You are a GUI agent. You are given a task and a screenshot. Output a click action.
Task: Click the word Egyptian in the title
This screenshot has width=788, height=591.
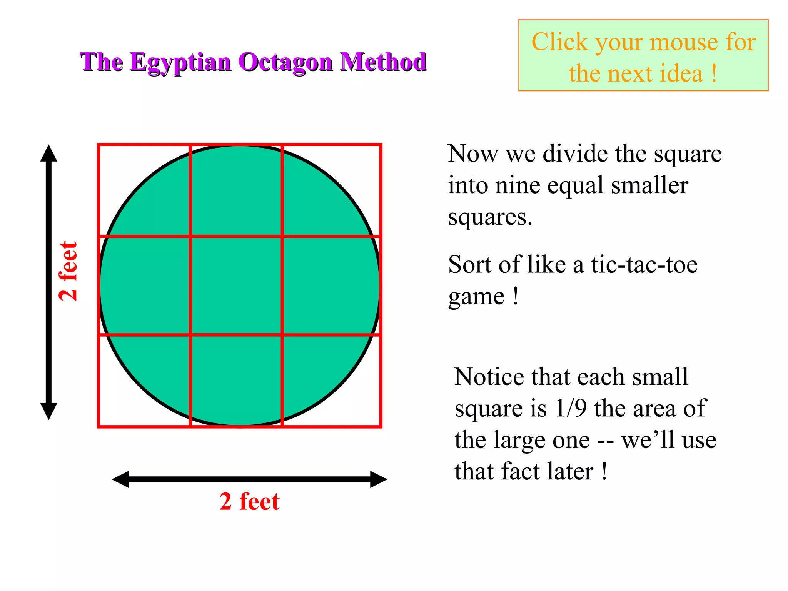pyautogui.click(x=180, y=62)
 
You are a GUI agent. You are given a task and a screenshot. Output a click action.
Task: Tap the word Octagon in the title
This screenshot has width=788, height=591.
pyautogui.click(x=285, y=62)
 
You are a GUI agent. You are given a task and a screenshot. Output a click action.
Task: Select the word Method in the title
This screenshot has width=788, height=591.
pyautogui.click(x=384, y=62)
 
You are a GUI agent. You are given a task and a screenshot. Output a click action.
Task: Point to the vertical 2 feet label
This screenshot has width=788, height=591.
pyautogui.click(x=68, y=271)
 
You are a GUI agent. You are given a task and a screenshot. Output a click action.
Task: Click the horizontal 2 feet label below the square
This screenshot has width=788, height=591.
pyautogui.click(x=249, y=501)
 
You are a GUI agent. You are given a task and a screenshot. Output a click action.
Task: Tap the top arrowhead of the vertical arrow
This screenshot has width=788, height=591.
pyautogui.click(x=49, y=154)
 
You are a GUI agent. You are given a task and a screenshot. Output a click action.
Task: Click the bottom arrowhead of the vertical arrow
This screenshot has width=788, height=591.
pyautogui.click(x=49, y=411)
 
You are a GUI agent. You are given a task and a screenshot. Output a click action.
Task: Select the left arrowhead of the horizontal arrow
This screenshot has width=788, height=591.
pyautogui.click(x=121, y=479)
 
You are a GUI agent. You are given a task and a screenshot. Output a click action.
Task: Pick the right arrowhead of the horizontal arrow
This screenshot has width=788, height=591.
pyautogui.click(x=378, y=479)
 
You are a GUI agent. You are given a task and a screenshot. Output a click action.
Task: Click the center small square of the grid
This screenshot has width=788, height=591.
pyautogui.click(x=236, y=285)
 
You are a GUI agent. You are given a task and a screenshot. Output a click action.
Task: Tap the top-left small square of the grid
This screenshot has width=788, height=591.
pyautogui.click(x=144, y=190)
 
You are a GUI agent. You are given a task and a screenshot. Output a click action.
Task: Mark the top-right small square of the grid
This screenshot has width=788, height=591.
pyautogui.click(x=332, y=190)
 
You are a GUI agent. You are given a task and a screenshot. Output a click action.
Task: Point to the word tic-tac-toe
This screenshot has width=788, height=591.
pyautogui.click(x=644, y=265)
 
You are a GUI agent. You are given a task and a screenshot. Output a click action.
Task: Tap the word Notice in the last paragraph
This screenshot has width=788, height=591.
pyautogui.click(x=488, y=377)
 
